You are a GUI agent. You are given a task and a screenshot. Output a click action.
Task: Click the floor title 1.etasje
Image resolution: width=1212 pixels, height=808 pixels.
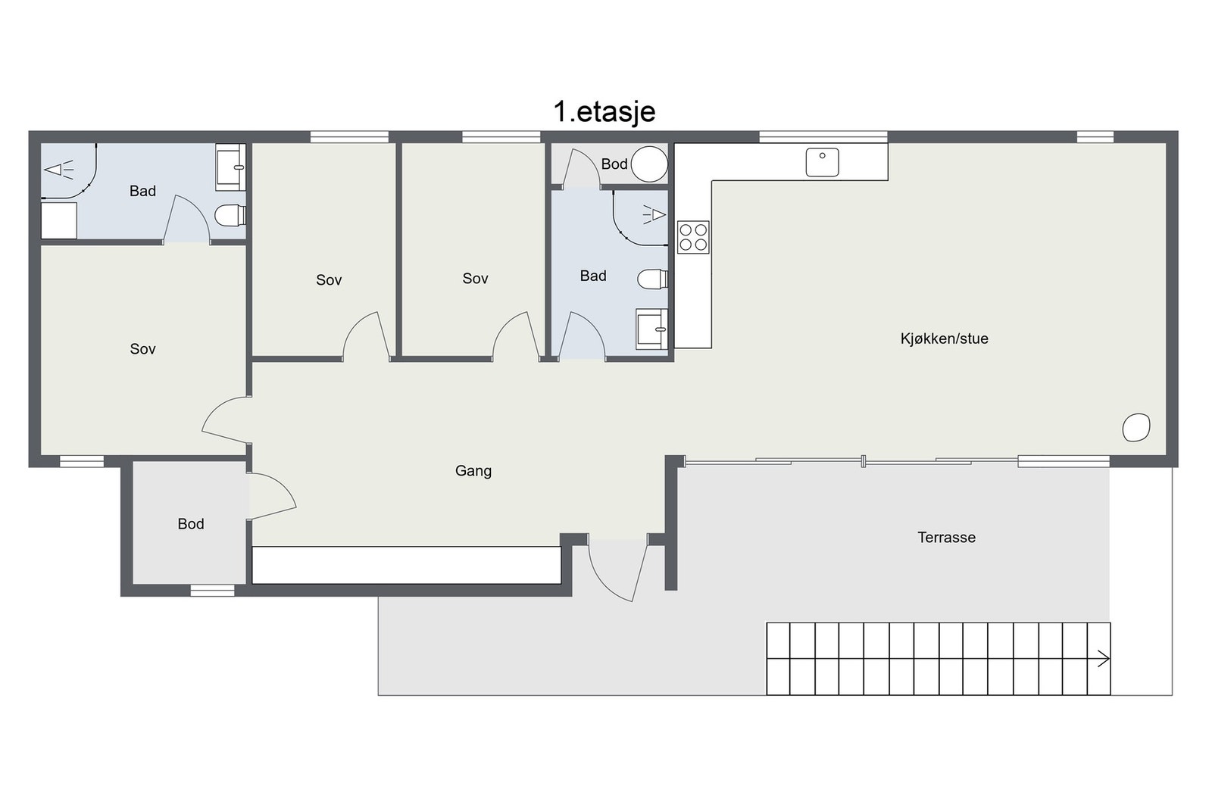(604, 112)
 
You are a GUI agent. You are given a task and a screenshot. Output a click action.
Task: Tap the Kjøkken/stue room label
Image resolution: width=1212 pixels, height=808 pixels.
(944, 339)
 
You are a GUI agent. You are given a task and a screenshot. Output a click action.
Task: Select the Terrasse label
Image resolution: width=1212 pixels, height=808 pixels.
(946, 538)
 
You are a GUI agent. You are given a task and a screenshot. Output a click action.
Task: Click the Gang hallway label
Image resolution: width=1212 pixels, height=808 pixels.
(473, 471)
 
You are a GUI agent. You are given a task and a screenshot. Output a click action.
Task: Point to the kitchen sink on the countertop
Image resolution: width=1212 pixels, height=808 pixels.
(823, 162)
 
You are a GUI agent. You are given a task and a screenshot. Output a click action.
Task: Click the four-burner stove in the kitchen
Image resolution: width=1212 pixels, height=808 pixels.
(693, 237)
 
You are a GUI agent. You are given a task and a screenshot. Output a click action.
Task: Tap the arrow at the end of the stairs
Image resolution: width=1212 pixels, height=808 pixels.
(1103, 659)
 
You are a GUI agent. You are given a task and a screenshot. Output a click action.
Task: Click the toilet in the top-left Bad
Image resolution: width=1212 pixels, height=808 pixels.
(230, 215)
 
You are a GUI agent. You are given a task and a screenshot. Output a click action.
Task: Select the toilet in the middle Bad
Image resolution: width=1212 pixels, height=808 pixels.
(652, 279)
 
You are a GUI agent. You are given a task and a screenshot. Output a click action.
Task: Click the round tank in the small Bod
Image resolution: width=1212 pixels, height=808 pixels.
(650, 164)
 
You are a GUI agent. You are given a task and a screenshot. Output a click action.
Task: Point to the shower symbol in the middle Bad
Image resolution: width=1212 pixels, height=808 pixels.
(654, 215)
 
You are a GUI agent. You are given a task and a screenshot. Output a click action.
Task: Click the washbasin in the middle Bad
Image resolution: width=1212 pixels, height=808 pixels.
(652, 329)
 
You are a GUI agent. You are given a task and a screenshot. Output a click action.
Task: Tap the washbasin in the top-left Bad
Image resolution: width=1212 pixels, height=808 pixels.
(231, 167)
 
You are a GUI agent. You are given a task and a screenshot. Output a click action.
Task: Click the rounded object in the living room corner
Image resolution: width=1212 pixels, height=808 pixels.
(1136, 427)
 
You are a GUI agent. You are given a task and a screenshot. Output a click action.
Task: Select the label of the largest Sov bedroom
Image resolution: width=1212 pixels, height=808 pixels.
(143, 349)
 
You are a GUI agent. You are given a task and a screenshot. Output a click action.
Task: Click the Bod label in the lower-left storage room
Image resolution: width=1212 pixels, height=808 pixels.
(191, 524)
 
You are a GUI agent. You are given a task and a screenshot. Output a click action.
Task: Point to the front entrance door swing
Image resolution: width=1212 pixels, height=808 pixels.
(617, 569)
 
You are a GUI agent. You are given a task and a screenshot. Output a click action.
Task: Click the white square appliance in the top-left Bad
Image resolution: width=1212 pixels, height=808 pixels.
(59, 220)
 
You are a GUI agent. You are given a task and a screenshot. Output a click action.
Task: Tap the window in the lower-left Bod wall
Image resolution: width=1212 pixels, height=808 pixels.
(213, 590)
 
